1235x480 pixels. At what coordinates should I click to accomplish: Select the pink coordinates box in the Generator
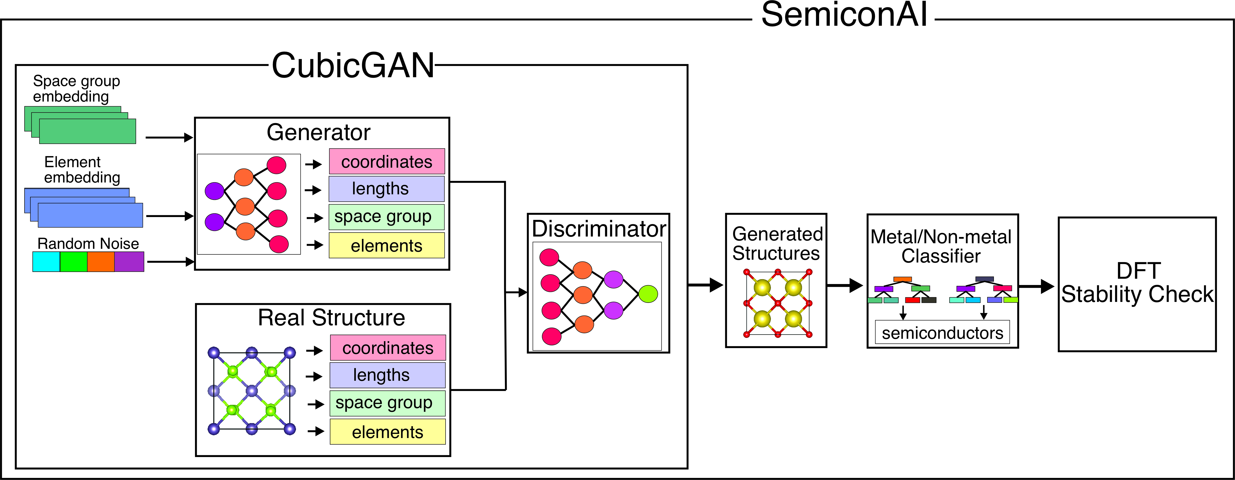tap(386, 162)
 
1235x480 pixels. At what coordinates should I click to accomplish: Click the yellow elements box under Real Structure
tap(387, 432)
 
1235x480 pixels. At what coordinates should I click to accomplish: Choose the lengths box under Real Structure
tap(387, 375)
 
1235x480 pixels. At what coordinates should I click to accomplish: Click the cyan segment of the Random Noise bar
tap(46, 262)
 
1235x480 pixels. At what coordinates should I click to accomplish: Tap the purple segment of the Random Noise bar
tap(129, 262)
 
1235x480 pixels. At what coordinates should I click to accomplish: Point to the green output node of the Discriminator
tap(648, 294)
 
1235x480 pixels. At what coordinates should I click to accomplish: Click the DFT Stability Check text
tap(1137, 283)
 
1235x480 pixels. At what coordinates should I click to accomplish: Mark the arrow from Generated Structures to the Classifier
tap(845, 286)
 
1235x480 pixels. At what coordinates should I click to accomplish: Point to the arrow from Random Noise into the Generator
tap(170, 262)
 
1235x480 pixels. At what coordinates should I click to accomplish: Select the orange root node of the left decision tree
tap(902, 279)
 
